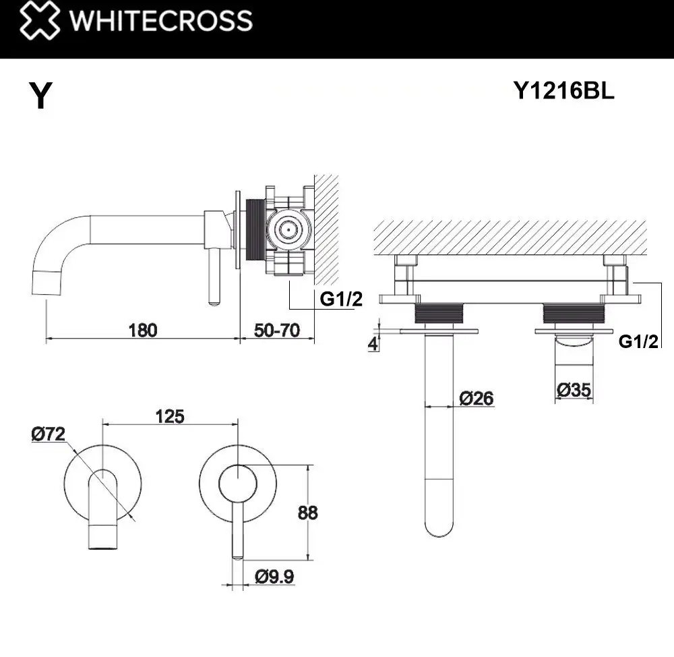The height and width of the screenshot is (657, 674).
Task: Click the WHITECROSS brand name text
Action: [x=161, y=20]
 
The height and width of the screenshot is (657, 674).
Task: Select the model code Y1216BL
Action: [x=563, y=92]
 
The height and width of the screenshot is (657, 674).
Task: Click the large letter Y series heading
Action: [x=41, y=96]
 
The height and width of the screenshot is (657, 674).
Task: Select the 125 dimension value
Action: [x=169, y=416]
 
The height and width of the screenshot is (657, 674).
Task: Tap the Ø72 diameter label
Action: [x=48, y=434]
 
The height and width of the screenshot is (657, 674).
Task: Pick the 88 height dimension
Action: [x=307, y=513]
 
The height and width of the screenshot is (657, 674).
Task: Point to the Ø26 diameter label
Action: [x=476, y=398]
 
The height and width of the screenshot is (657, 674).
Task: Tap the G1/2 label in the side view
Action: [x=340, y=299]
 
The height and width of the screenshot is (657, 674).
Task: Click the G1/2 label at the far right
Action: [x=638, y=341]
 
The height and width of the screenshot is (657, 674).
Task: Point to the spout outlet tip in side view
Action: [x=46, y=281]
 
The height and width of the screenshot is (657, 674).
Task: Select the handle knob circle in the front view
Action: [x=237, y=483]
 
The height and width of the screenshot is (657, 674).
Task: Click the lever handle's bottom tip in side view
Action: [x=214, y=299]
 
